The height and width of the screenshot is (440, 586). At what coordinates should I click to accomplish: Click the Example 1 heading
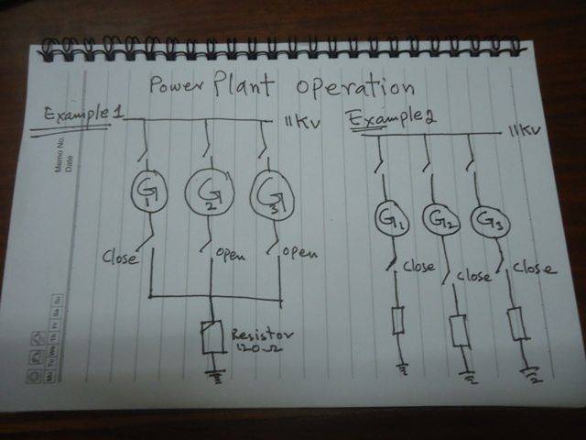point(83,116)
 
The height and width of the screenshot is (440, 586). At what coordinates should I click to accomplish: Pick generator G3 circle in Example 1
point(270,192)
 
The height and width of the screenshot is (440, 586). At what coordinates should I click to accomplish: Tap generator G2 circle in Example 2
point(439,220)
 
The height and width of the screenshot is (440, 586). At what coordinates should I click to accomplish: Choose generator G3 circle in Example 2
point(488,220)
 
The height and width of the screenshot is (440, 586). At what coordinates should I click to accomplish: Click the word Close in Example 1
point(119,258)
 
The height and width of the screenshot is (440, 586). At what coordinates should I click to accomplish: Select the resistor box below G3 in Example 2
point(515,323)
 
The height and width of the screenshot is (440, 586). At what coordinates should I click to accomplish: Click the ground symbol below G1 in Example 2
point(401,369)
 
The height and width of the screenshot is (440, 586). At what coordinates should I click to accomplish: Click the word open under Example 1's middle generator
point(232,254)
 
